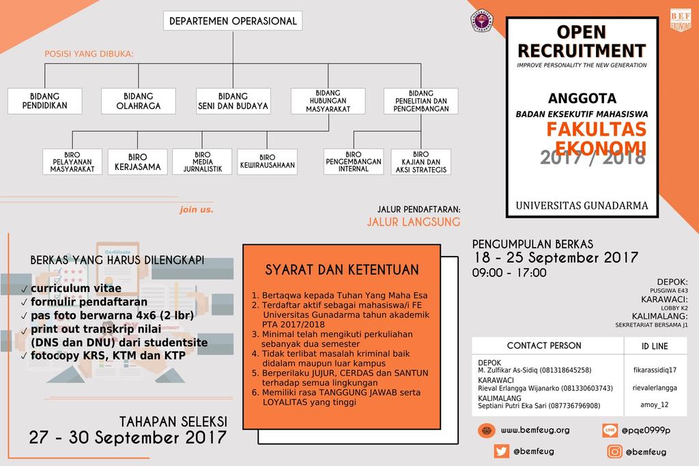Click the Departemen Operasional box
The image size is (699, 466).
point(233,21)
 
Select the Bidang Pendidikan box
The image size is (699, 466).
point(45,101)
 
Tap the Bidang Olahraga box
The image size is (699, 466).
point(139,101)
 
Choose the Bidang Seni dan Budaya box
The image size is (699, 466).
point(233,101)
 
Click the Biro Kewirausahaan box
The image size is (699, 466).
point(268,162)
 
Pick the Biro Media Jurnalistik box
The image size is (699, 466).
point(203,162)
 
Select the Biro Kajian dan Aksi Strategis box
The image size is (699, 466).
point(420,162)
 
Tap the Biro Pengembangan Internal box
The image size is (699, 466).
point(354,162)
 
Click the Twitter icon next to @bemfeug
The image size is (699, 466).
point(502,451)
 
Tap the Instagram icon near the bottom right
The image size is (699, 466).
point(616,451)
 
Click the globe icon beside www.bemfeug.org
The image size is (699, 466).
point(486,431)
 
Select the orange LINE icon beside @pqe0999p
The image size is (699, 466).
point(610,431)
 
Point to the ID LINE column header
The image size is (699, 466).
point(655,346)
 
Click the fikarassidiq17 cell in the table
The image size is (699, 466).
point(655,370)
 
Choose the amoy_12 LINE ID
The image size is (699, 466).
point(655,405)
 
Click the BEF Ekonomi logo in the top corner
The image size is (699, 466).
point(681,19)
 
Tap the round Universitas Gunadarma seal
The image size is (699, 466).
point(482,20)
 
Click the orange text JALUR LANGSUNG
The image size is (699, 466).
point(414,222)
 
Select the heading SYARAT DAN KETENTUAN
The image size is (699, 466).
point(342,270)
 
